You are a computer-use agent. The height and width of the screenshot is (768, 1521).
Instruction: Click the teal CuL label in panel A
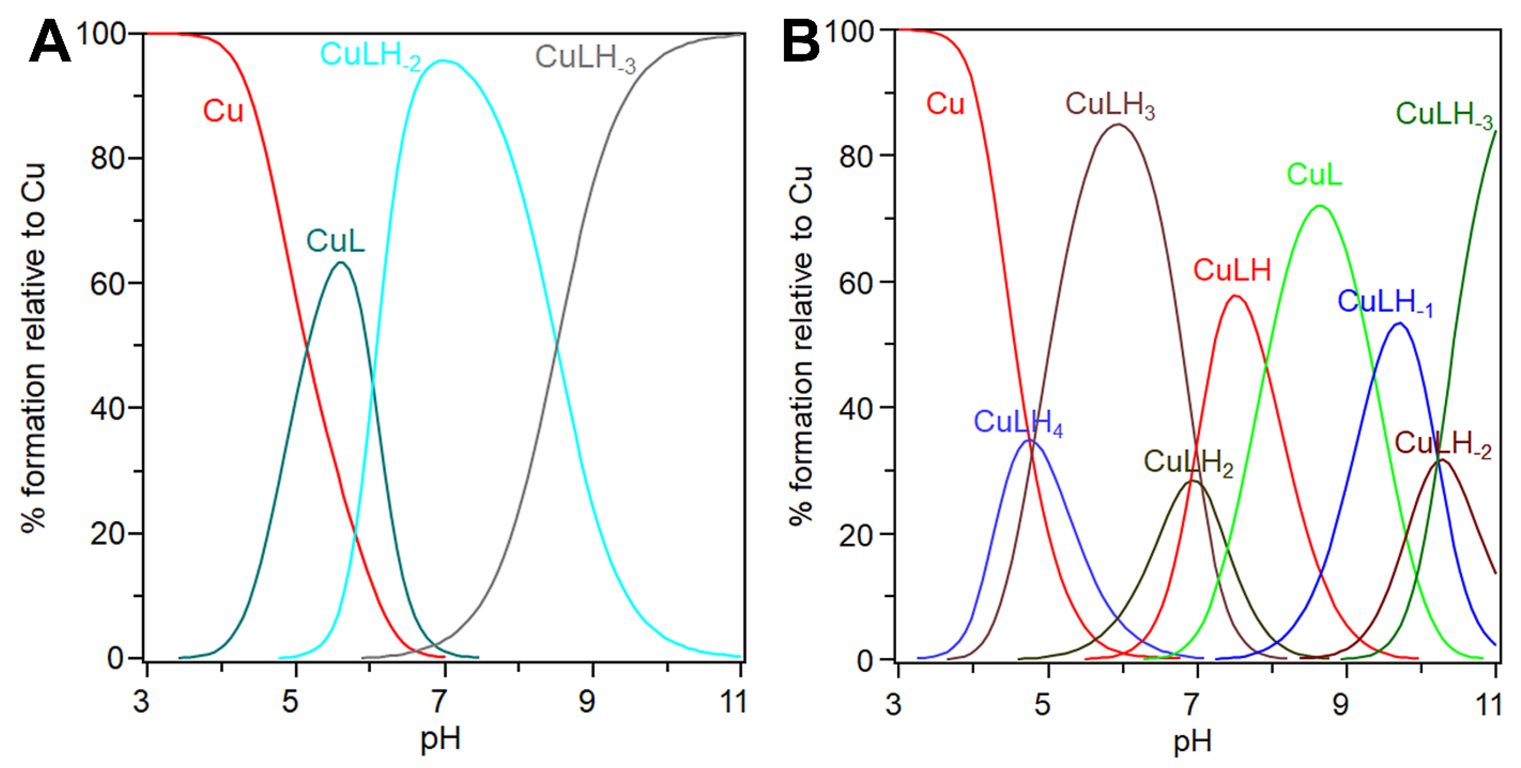335,241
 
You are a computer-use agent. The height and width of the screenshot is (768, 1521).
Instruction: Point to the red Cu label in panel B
944,104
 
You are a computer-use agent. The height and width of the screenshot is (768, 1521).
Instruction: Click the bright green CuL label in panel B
1314,175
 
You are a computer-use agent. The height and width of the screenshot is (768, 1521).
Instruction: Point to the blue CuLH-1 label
1384,303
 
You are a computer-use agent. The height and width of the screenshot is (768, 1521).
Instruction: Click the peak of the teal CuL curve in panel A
341,262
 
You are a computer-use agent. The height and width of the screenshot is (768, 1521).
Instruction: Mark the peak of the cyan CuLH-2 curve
443,60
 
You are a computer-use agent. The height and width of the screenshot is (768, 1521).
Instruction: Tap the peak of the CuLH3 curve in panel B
1117,124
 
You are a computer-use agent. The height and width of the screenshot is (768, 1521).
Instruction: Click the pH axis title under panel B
1192,741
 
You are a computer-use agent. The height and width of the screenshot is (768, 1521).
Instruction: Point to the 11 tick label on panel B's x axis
1490,704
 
